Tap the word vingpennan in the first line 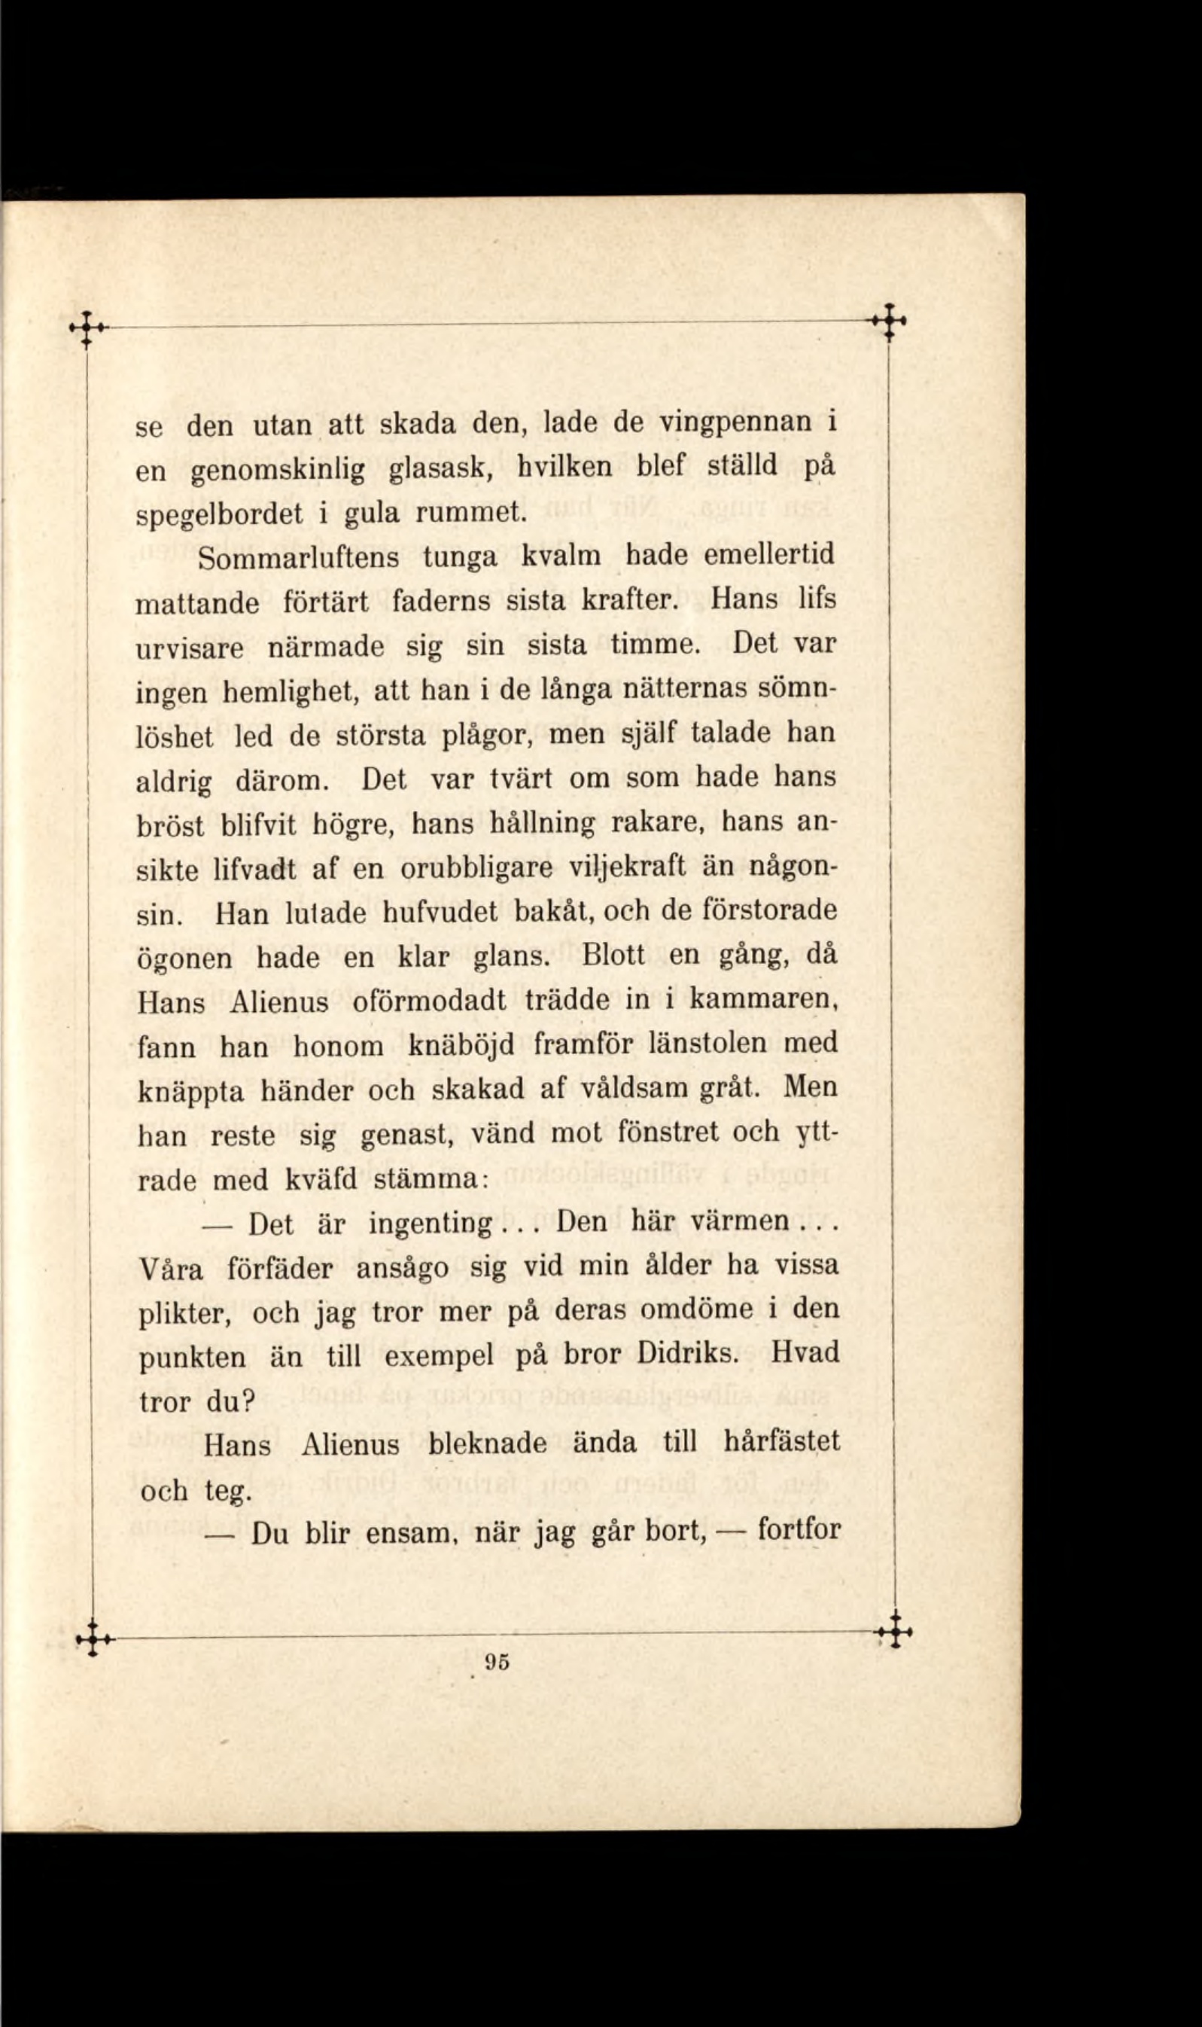735,424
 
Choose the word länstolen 712,1044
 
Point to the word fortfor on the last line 799,1532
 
